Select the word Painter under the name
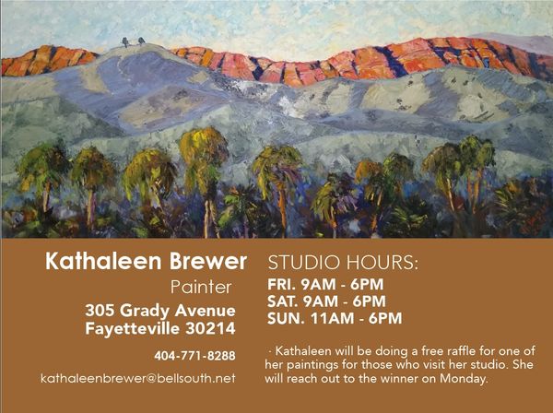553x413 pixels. [x=201, y=287]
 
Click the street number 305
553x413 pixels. [x=100, y=311]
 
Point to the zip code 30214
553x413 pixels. [x=210, y=328]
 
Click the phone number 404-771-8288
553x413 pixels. [x=194, y=356]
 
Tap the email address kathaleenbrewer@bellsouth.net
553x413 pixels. [x=138, y=379]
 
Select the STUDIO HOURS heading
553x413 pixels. [x=343, y=263]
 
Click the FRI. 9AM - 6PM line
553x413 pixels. [x=325, y=284]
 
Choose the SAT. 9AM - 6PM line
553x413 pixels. [x=326, y=301]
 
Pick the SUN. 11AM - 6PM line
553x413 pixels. [x=335, y=318]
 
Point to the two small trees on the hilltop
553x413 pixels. [x=134, y=41]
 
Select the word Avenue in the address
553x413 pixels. [x=205, y=311]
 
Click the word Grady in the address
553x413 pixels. [x=145, y=311]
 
